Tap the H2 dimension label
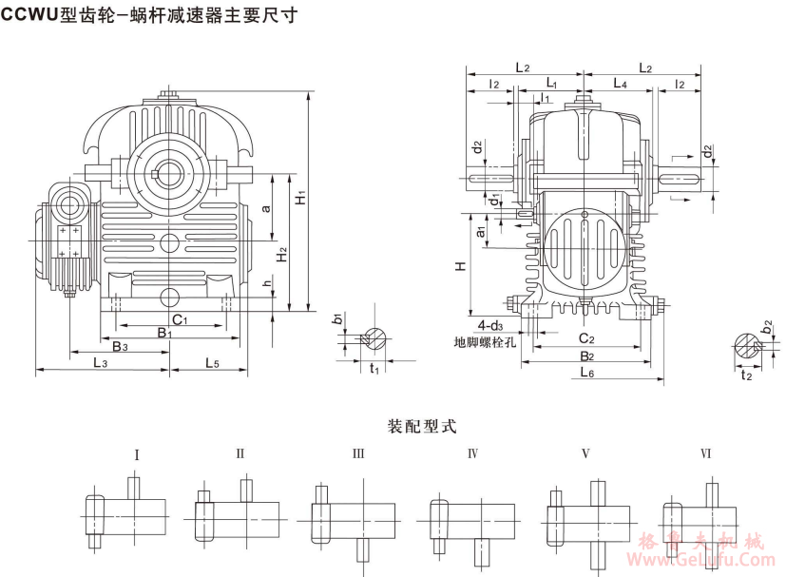point(280,256)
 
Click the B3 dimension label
point(120,348)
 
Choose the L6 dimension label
point(586,374)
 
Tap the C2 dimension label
point(586,338)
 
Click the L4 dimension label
point(620,85)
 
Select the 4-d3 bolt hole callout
point(491,324)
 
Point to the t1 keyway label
point(374,368)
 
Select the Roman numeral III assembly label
point(358,454)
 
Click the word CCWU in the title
point(31,14)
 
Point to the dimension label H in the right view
point(459,267)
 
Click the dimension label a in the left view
point(267,206)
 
